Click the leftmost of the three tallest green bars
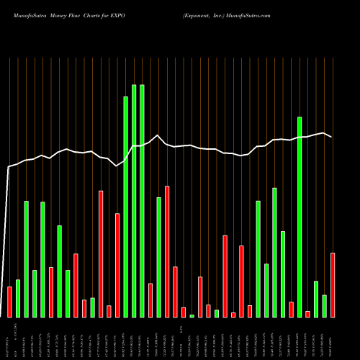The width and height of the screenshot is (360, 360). (125, 207)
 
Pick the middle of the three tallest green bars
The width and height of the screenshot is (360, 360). (134, 201)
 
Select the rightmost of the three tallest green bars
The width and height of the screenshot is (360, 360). (142, 201)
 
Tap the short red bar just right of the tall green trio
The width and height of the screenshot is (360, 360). (150, 300)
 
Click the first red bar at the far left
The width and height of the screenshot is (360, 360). (9, 302)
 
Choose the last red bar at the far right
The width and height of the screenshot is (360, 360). (333, 284)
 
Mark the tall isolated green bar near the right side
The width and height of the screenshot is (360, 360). (300, 217)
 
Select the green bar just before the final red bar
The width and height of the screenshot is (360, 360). (325, 306)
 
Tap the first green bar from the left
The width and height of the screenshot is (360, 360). (18, 298)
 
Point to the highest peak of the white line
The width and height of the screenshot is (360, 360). (157, 135)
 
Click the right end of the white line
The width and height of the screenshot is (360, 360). (331, 137)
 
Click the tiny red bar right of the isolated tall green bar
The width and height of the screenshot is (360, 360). (307, 314)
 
